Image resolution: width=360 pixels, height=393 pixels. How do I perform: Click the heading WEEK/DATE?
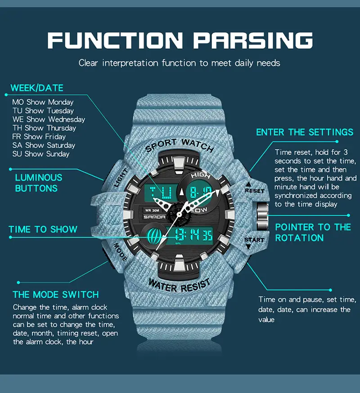click(37, 88)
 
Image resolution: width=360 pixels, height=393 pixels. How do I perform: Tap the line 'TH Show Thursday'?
click(44, 128)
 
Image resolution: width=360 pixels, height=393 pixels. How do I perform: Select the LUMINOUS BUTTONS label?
click(39, 183)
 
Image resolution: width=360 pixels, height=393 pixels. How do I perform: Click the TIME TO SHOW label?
click(43, 229)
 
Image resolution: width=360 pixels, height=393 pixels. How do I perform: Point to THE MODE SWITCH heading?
click(56, 295)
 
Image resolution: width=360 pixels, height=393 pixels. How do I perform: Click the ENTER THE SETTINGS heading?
click(305, 132)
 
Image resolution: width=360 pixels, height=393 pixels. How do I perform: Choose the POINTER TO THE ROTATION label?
click(313, 232)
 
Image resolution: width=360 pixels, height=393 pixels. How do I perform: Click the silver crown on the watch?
click(262, 216)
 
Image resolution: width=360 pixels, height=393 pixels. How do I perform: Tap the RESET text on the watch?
click(255, 191)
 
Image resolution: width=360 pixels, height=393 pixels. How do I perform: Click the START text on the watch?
click(254, 240)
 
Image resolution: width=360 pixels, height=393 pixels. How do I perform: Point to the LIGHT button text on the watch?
click(121, 178)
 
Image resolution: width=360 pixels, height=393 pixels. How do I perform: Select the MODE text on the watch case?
click(121, 252)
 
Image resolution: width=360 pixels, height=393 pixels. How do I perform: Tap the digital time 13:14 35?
click(193, 235)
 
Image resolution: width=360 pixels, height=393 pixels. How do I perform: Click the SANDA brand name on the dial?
click(154, 217)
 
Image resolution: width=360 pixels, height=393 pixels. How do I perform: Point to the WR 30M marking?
click(152, 210)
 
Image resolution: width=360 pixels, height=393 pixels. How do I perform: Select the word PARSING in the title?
click(253, 40)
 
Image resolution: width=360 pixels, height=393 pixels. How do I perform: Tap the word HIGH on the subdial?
click(201, 175)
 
